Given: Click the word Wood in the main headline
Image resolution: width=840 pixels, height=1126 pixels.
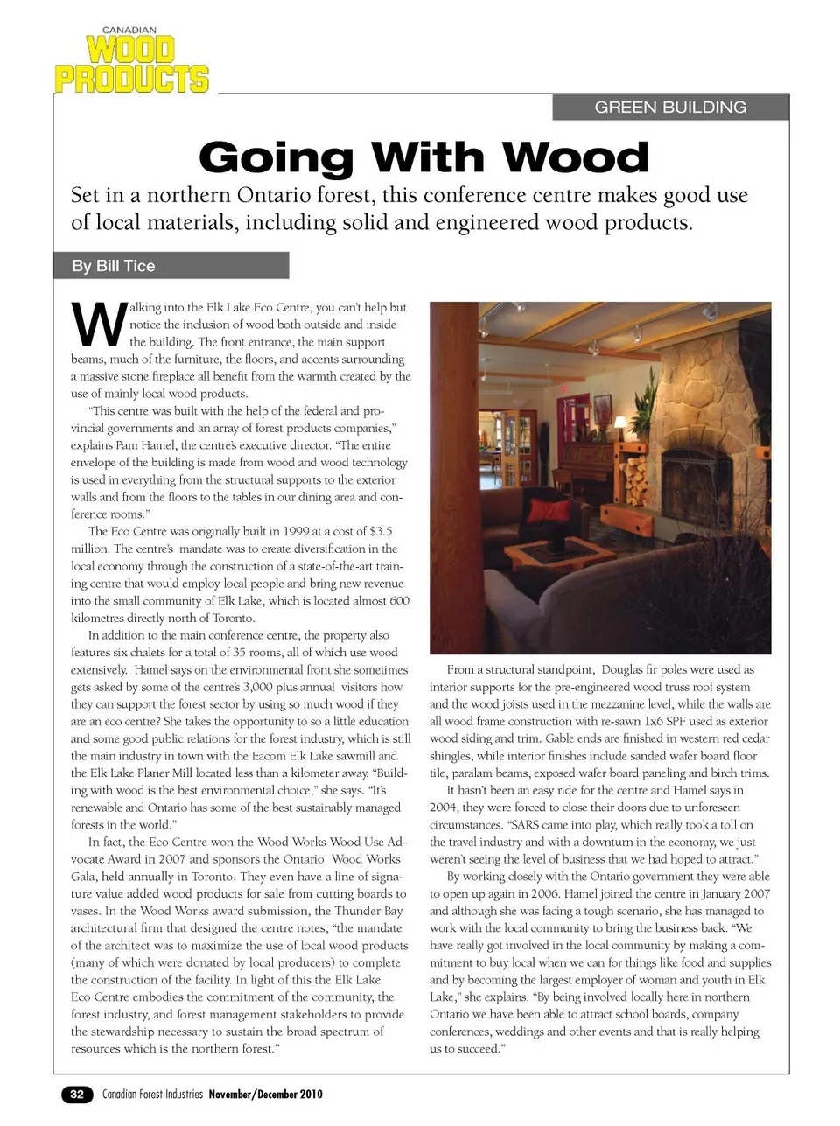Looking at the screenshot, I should (576, 158).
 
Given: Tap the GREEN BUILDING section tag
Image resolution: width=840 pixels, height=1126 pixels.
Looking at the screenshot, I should (670, 108).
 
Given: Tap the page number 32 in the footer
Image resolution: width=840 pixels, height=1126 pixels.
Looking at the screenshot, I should (77, 1095).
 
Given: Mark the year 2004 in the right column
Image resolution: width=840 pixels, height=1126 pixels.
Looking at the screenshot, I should (444, 808).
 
